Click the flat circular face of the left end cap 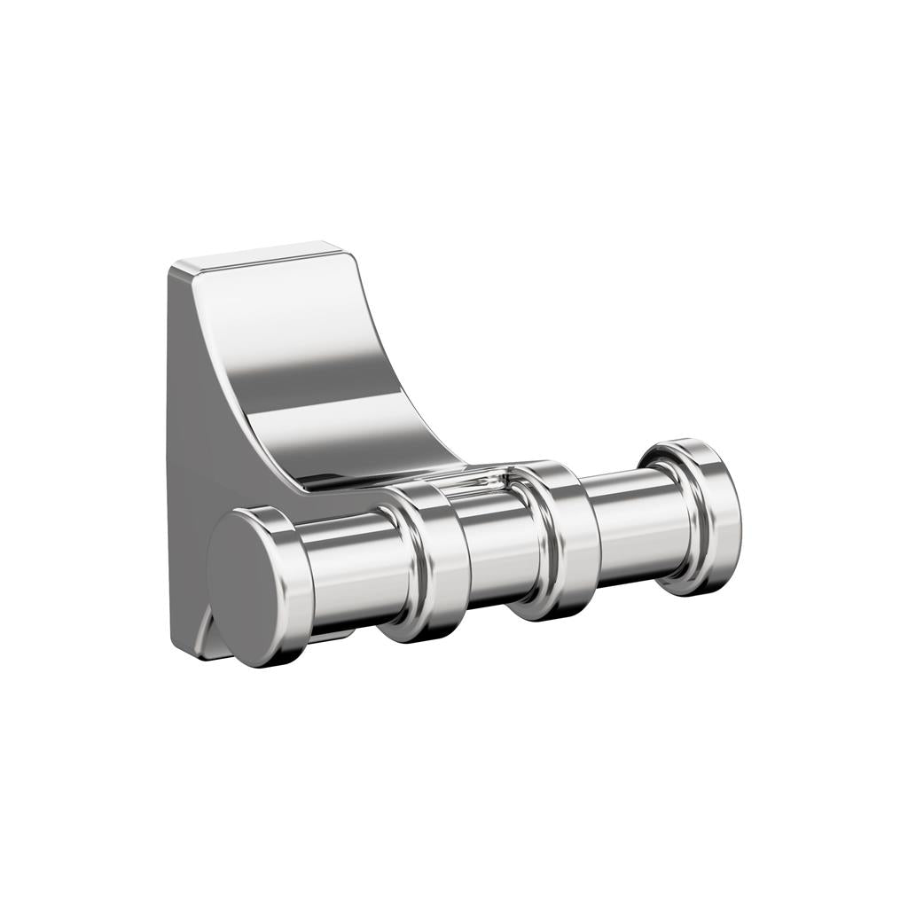coord(247,585)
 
